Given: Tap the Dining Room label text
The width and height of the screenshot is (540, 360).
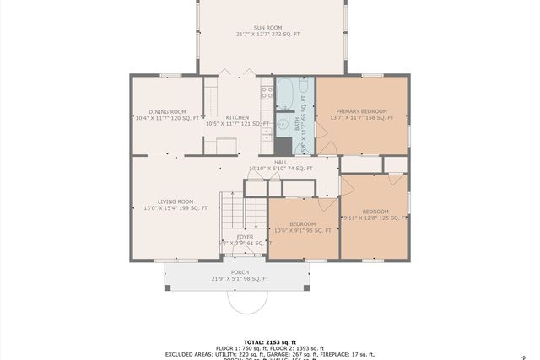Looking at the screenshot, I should pyautogui.click(x=167, y=116).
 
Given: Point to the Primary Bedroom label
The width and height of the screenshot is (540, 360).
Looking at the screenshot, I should pyautogui.click(x=361, y=115).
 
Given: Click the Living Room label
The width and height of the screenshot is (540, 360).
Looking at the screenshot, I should pyautogui.click(x=175, y=205).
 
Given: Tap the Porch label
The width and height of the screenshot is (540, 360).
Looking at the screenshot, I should pyautogui.click(x=240, y=276).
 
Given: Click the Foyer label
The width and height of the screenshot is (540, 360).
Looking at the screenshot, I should pyautogui.click(x=245, y=239).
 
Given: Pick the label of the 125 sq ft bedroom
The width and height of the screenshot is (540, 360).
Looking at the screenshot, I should pyautogui.click(x=375, y=215).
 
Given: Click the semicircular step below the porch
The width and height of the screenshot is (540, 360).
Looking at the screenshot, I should pyautogui.click(x=246, y=302).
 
